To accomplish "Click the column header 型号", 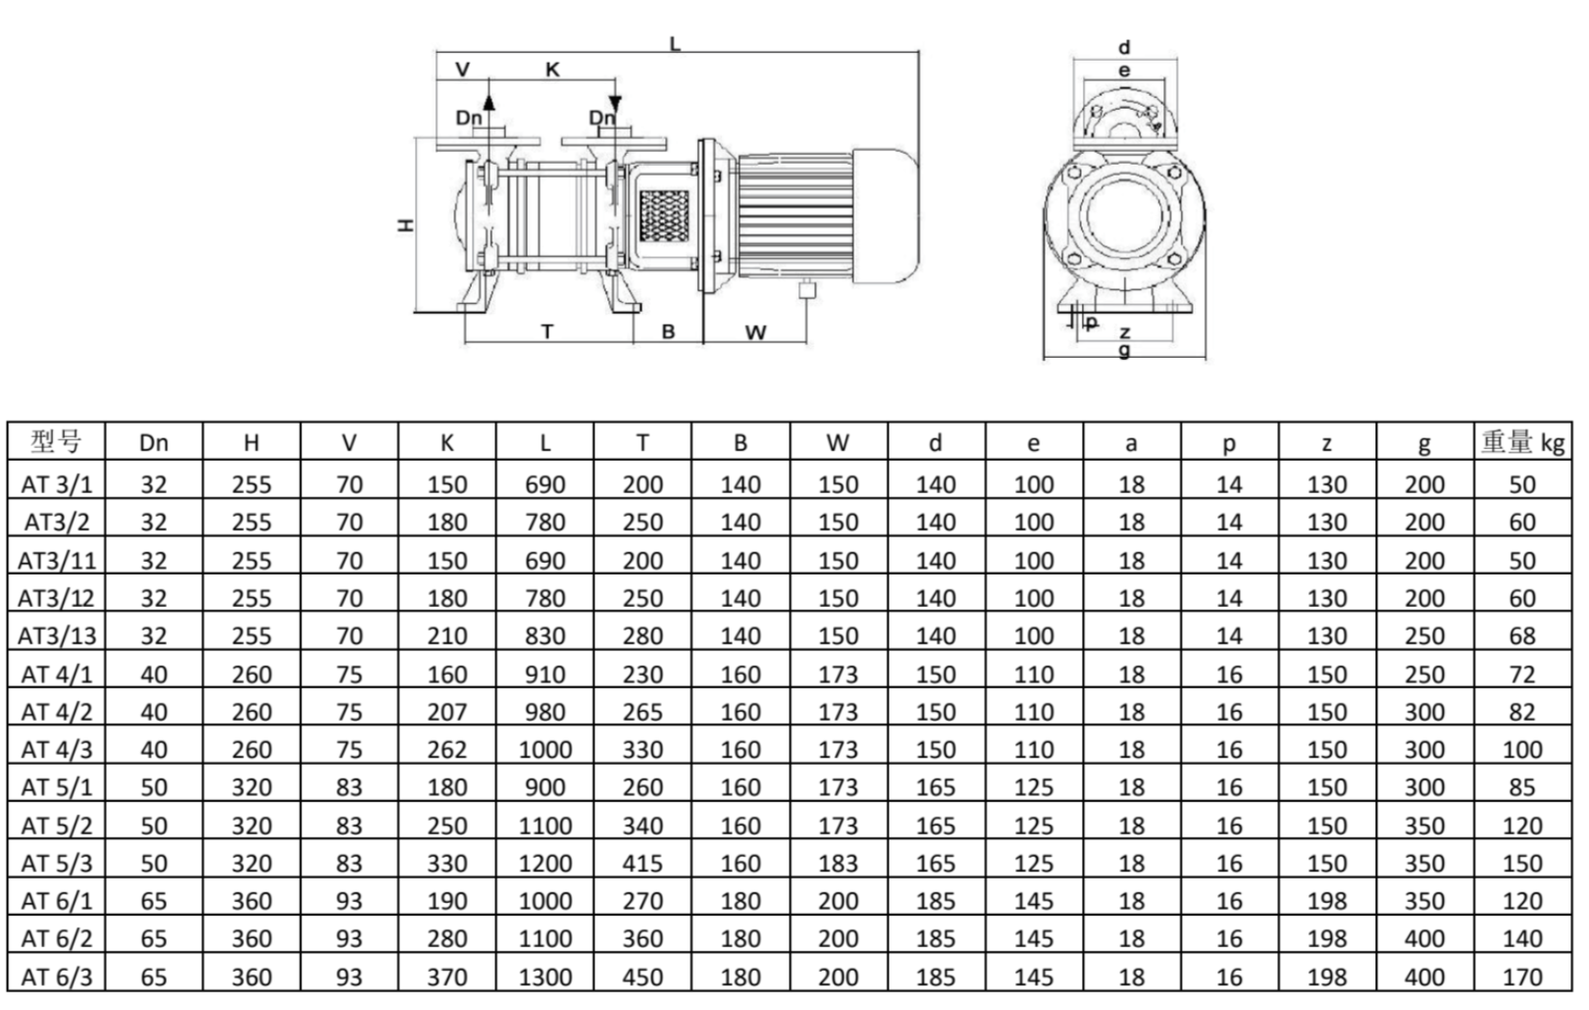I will pyautogui.click(x=55, y=441).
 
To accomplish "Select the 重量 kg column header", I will pyautogui.click(x=1522, y=442).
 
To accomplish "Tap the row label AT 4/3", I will pyautogui.click(x=56, y=750).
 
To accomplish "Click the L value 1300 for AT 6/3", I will pyautogui.click(x=544, y=978).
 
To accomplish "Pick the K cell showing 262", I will pyautogui.click(x=446, y=750).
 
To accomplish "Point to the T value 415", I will pyautogui.click(x=642, y=864).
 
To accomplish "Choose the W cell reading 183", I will pyautogui.click(x=838, y=864).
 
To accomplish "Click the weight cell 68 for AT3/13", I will pyautogui.click(x=1522, y=636).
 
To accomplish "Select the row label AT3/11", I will pyautogui.click(x=56, y=561).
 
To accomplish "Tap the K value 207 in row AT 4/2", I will pyautogui.click(x=446, y=713).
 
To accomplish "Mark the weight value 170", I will pyautogui.click(x=1522, y=978).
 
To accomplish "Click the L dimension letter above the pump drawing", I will pyautogui.click(x=675, y=43).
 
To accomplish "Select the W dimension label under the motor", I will pyautogui.click(x=755, y=332).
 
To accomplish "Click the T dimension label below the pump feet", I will pyautogui.click(x=547, y=331).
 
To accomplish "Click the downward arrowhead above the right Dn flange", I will pyautogui.click(x=615, y=103).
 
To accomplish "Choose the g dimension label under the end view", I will pyautogui.click(x=1124, y=350).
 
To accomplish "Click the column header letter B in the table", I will pyautogui.click(x=740, y=443).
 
